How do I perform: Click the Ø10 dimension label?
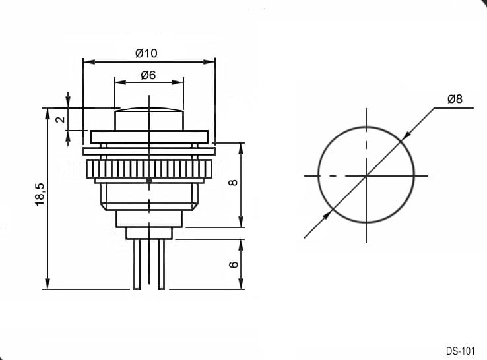click(x=146, y=53)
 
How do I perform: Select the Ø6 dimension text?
click(x=148, y=75)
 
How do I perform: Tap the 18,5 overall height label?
click(x=40, y=195)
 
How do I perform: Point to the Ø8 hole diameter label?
click(x=455, y=99)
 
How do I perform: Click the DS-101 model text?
click(x=461, y=351)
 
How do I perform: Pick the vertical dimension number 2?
click(x=61, y=119)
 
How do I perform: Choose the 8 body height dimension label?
click(x=233, y=183)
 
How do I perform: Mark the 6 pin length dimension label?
click(x=233, y=264)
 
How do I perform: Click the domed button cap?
click(x=149, y=119)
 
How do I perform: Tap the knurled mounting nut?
click(x=149, y=169)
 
